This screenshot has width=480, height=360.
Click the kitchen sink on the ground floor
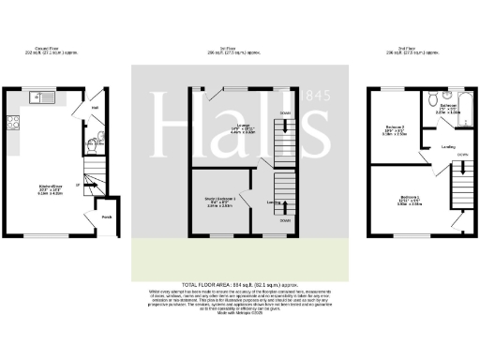(x=41, y=96)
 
